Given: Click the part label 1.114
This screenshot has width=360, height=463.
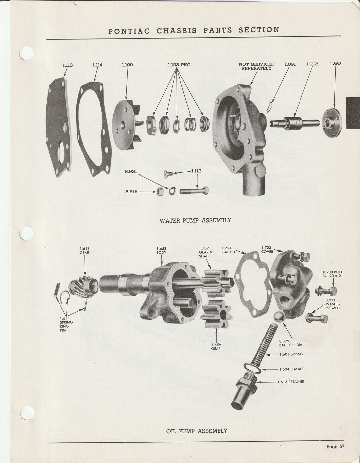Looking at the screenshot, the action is [97, 65].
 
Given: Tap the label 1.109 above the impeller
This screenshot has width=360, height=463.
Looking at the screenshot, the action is [127, 65].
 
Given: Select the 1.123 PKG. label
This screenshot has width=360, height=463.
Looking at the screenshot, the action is [180, 65].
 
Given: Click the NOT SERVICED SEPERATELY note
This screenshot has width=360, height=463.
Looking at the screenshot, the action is [257, 66].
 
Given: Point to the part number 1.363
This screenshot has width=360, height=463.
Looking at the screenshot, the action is [336, 64].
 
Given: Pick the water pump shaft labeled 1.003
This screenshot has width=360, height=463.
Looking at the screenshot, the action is [295, 123].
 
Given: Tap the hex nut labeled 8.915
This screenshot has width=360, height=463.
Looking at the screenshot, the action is [160, 192].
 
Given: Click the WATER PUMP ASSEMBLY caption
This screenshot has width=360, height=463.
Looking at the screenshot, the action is [195, 220].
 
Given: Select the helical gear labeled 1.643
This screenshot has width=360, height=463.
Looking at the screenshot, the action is [83, 286].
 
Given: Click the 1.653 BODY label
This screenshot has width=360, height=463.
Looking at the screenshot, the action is [161, 250].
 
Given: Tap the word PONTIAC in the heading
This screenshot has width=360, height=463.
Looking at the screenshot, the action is [129, 31].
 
